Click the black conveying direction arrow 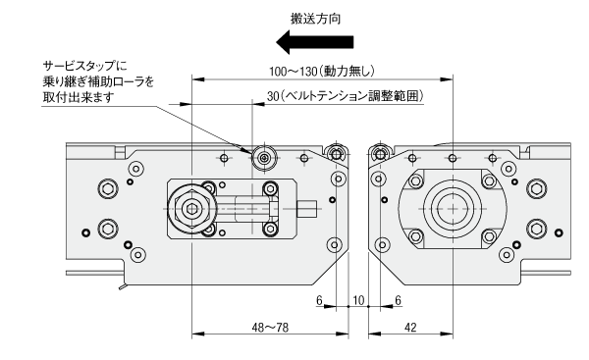315,42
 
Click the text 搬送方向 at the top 315,19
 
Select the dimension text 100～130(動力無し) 322,71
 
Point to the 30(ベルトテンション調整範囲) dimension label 346,96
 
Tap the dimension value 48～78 270,328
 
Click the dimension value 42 410,328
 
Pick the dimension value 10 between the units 358,300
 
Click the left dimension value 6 319,300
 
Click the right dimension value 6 398,300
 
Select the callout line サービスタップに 84,66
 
